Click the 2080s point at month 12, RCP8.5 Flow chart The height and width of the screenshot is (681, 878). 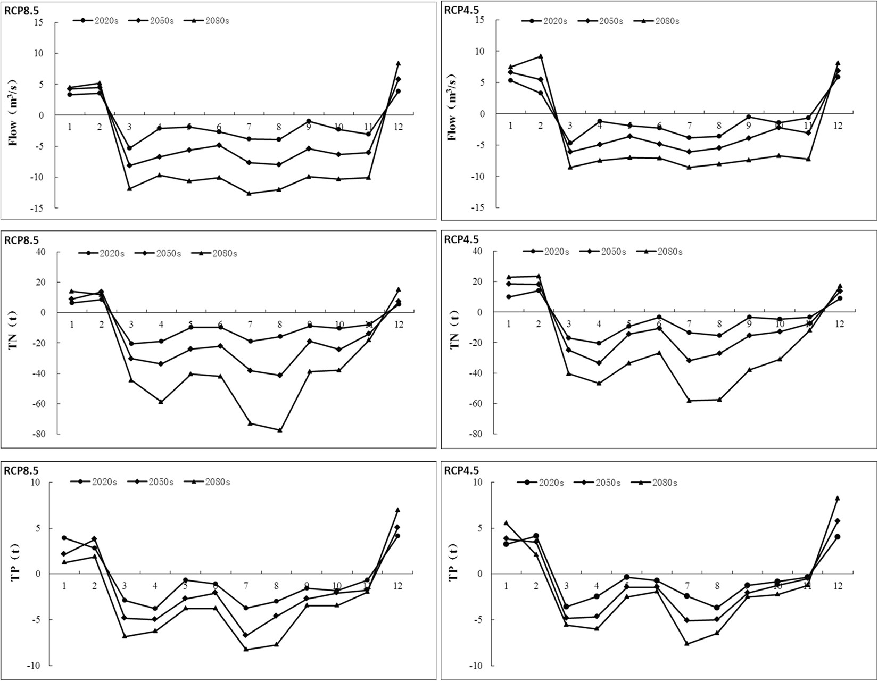398,63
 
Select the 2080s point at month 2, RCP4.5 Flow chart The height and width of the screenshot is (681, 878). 540,56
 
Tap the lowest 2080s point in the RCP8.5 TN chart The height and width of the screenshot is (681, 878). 280,430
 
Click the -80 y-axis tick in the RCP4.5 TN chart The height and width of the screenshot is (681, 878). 475,434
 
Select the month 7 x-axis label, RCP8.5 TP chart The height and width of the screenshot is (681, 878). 246,586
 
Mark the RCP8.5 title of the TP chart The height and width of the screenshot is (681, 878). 21,470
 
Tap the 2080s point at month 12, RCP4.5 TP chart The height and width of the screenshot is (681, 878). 837,499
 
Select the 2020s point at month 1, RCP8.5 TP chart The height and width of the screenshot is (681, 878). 64,538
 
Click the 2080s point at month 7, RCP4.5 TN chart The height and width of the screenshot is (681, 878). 689,400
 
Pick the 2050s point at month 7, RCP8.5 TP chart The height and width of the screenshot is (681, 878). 246,635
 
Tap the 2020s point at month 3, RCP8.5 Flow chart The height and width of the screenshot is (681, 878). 129,148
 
